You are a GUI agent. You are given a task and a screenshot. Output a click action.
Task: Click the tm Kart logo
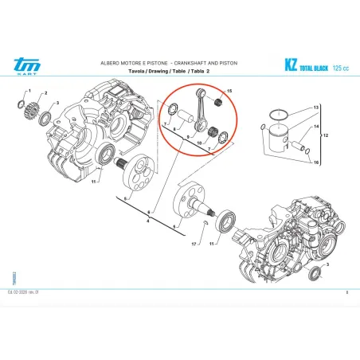tap(25, 66)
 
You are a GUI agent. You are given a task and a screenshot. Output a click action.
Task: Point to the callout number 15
tap(229, 92)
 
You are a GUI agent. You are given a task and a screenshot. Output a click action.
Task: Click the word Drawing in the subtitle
tap(162, 72)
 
